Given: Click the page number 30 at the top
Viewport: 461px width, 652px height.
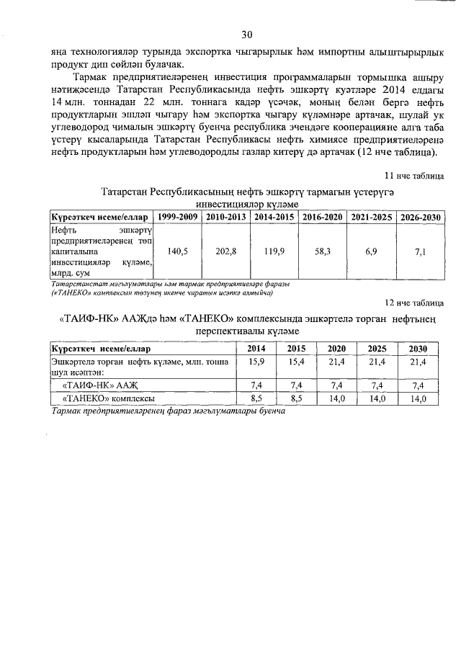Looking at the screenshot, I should coord(247,34).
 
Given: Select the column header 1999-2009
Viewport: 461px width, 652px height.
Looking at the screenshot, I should coord(177,217).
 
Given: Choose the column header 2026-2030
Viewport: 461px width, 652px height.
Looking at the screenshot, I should coord(421,217).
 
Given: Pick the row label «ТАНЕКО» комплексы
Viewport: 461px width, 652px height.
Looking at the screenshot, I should coord(109,398).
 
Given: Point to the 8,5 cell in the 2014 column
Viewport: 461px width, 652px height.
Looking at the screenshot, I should coord(256,398).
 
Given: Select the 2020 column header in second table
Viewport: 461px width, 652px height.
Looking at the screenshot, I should coord(336,349).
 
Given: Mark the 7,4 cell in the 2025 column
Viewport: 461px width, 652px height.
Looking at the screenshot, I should coord(377,385).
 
